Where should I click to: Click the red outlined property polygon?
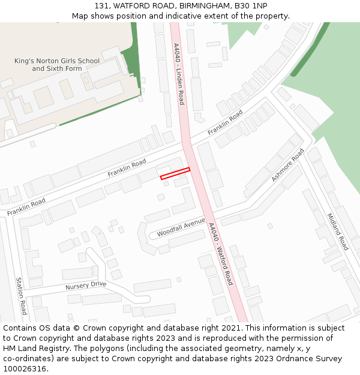point(175,173)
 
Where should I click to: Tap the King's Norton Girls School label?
point(57,65)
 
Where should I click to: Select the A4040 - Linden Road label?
point(179,74)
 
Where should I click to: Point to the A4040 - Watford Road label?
point(220,253)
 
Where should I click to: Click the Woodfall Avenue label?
point(181,227)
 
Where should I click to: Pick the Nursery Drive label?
point(86,286)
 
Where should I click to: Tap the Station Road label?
point(21,296)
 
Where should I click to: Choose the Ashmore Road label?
point(288,165)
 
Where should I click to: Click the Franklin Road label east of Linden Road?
point(225,122)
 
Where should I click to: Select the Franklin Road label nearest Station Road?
point(26,207)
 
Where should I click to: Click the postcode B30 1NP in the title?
point(250,5)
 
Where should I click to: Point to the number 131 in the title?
point(102,5)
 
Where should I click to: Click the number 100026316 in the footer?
point(25,369)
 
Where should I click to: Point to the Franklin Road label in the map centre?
point(127,167)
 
